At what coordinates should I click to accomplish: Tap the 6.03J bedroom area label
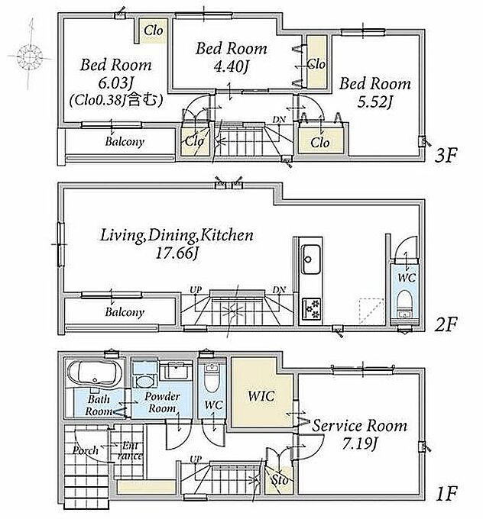click(x=113, y=82)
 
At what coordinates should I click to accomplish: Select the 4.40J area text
click(x=231, y=67)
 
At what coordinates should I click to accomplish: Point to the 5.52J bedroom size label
click(x=375, y=102)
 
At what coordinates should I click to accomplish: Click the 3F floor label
click(x=446, y=156)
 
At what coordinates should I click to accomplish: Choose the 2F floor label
click(x=446, y=324)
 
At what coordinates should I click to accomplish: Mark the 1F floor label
click(x=446, y=494)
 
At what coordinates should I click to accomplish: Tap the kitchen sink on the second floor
click(x=310, y=259)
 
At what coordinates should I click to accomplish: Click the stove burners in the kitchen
click(x=312, y=308)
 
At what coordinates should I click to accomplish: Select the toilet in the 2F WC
click(x=405, y=304)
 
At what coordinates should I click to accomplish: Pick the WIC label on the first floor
click(x=261, y=396)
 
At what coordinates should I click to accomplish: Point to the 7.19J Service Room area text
click(x=359, y=443)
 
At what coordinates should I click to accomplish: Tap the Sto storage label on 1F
click(x=280, y=479)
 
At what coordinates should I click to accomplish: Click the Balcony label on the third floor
click(x=125, y=142)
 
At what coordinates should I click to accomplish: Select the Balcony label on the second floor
click(x=125, y=312)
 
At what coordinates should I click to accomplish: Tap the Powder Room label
click(x=162, y=402)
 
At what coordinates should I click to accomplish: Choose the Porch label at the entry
click(x=86, y=450)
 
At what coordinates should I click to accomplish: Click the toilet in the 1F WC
click(x=212, y=377)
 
